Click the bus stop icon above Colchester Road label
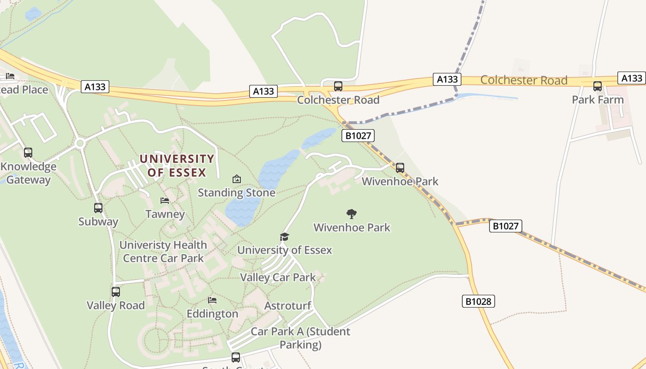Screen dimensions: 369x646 click(x=338, y=86)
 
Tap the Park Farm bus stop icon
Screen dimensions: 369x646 click(x=598, y=86)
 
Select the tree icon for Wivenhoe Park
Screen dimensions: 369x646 click(x=352, y=214)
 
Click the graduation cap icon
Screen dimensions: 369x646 click(x=284, y=237)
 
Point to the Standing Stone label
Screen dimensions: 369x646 click(x=236, y=192)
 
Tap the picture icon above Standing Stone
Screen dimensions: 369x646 click(x=237, y=179)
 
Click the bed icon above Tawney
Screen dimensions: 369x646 click(x=165, y=201)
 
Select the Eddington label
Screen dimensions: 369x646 click(x=212, y=314)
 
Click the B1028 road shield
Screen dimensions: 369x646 click(x=478, y=302)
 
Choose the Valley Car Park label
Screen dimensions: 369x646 click(x=278, y=277)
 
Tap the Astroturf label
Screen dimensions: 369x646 click(x=287, y=305)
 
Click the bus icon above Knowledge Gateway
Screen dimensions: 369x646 click(x=28, y=153)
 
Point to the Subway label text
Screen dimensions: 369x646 click(x=98, y=221)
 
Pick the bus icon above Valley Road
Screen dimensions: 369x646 click(x=116, y=292)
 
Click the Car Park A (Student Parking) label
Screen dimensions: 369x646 click(x=300, y=338)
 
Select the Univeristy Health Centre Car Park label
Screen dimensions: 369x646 click(x=163, y=251)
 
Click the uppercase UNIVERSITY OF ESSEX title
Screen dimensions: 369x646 click(x=177, y=166)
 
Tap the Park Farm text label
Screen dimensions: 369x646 click(x=598, y=100)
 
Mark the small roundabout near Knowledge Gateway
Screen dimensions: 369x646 click(x=80, y=143)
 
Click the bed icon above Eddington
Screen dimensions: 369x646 click(x=212, y=300)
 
